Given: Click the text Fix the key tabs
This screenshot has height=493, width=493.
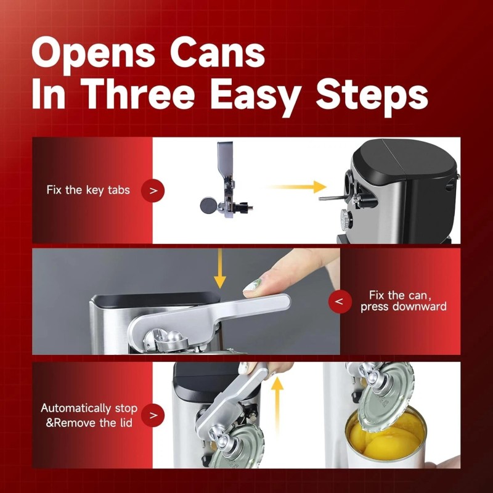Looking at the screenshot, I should (x=88, y=190).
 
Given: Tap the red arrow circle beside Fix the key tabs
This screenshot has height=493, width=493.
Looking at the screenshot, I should (x=153, y=190).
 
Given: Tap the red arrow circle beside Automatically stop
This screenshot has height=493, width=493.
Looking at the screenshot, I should (x=153, y=415).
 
